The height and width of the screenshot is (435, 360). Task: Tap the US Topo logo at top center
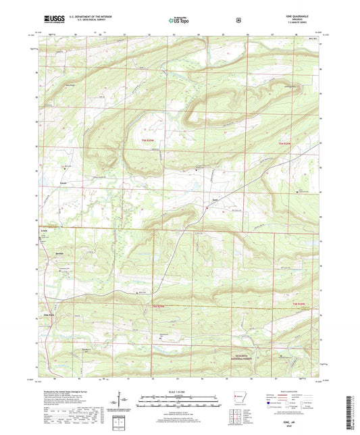[x=178, y=21]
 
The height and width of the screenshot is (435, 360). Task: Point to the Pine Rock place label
[x=49, y=314]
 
